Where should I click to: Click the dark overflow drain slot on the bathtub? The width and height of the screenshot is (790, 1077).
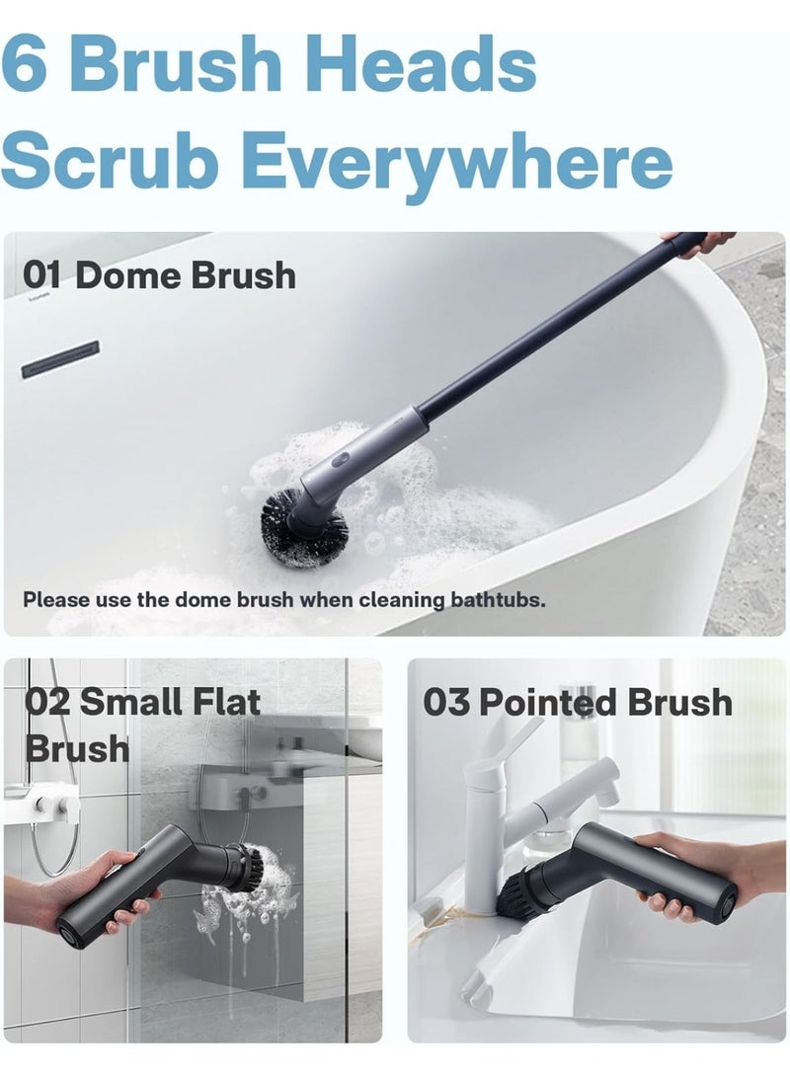point(60,359)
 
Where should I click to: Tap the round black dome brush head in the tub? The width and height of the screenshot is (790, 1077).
point(303,526)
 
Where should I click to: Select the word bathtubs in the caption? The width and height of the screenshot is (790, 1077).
point(498,599)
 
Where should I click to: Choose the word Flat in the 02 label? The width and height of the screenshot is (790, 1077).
point(227,702)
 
